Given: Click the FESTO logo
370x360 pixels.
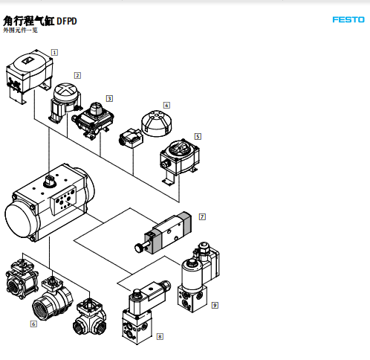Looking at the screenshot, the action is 348,19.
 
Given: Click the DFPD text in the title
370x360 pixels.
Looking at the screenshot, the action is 67,22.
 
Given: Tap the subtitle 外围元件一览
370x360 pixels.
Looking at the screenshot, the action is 20,30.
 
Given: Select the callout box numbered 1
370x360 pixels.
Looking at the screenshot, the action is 54,53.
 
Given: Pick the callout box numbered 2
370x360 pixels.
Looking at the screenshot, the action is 77,75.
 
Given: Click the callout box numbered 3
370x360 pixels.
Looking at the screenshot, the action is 109,98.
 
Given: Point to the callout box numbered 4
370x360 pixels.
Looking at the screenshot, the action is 166,105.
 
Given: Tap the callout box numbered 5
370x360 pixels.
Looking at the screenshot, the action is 198,136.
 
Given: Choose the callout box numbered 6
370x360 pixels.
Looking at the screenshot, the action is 33,324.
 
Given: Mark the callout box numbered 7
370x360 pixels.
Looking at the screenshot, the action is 202,216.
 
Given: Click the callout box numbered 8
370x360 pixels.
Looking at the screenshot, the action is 160,336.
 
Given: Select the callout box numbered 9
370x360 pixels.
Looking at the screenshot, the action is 215,305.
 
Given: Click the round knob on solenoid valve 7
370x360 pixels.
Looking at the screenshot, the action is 139,248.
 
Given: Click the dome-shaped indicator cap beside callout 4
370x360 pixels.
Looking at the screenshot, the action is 157,123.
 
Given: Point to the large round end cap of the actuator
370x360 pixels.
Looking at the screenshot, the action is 20,221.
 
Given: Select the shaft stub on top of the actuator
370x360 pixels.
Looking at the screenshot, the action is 50,181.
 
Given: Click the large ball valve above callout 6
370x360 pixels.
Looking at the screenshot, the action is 53,299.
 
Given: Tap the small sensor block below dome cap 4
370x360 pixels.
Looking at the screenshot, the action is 132,138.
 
